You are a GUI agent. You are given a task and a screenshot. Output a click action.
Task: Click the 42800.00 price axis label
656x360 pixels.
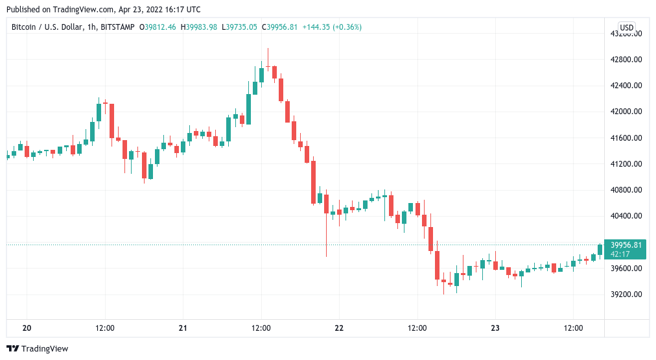626,60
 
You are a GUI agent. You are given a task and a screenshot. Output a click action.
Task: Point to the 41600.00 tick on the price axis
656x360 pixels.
626,138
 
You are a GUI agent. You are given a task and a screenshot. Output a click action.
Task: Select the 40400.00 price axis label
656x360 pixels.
626,216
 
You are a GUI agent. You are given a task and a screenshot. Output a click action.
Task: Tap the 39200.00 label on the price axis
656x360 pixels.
626,294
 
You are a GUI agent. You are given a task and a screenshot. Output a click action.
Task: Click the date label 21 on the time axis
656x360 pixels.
183,328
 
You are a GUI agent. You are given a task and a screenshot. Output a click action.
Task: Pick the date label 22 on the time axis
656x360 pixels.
339,328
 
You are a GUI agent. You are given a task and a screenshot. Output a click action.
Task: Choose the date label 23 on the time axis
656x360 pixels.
495,328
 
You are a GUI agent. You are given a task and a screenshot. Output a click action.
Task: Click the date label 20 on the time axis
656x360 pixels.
27,328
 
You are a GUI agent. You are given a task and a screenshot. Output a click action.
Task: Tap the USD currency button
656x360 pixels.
626,27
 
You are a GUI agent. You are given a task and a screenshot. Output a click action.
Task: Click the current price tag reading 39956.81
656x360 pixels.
626,245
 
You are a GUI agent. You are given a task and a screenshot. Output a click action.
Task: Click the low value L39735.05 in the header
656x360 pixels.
240,27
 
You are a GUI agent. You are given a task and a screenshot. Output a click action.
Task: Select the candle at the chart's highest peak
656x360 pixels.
268,65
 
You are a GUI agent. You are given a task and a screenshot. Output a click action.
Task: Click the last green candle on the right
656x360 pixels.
600,250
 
